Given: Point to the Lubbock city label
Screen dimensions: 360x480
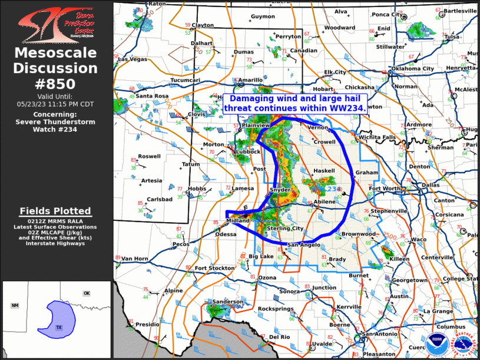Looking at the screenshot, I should [248, 151].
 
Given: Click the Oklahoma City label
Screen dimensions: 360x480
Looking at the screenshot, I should [412, 68].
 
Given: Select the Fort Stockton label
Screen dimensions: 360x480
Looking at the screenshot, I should [214, 268].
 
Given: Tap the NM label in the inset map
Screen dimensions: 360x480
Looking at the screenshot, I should [15, 305].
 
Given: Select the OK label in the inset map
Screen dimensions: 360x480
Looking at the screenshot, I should [87, 293].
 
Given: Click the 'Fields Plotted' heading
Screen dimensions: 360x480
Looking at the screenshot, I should [55, 210].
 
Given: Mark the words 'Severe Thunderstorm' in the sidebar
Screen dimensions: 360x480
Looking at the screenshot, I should [55, 122].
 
